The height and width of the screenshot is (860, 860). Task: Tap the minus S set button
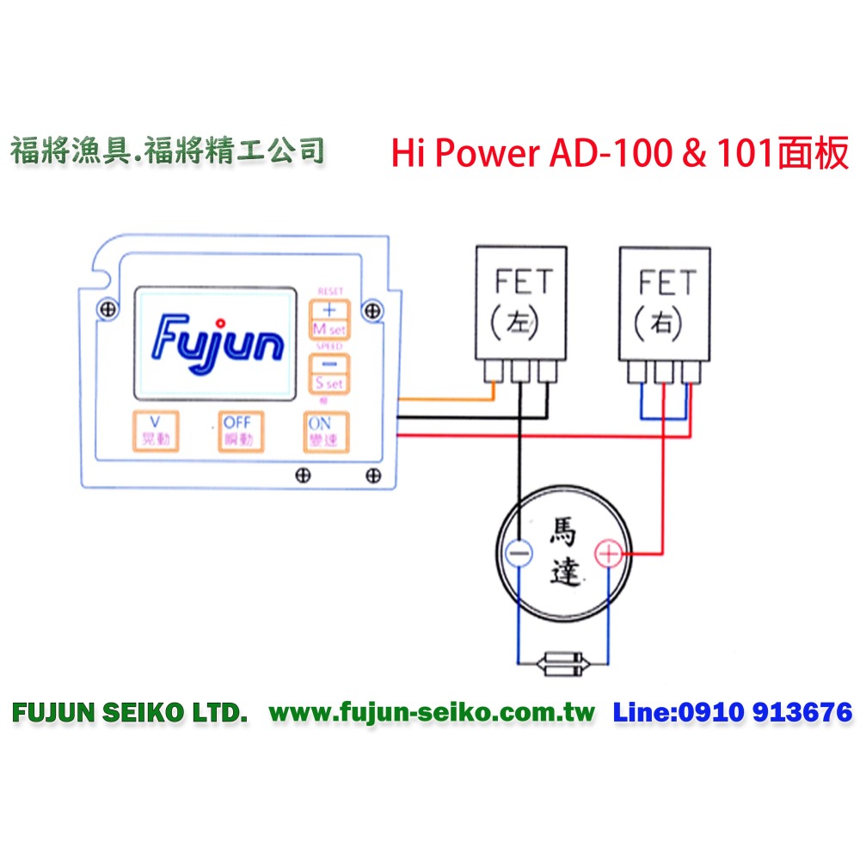pos(328,372)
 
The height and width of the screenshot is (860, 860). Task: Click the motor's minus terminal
pos(519,555)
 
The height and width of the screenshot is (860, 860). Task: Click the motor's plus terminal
pos(608,555)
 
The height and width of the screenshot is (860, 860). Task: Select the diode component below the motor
pos(563,663)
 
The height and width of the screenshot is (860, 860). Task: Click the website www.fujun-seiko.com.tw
pos(432,712)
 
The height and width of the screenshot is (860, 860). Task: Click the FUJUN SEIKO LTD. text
pos(130,712)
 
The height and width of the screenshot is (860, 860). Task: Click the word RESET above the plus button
pos(329,292)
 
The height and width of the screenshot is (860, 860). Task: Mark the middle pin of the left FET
pos(520,372)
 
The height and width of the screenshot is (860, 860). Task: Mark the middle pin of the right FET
pos(665,372)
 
